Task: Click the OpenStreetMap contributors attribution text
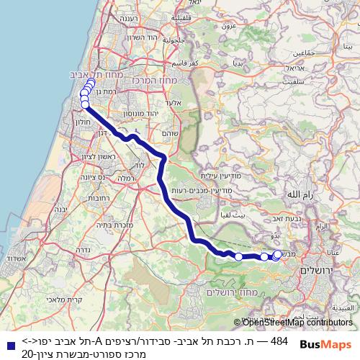point(296,323)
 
